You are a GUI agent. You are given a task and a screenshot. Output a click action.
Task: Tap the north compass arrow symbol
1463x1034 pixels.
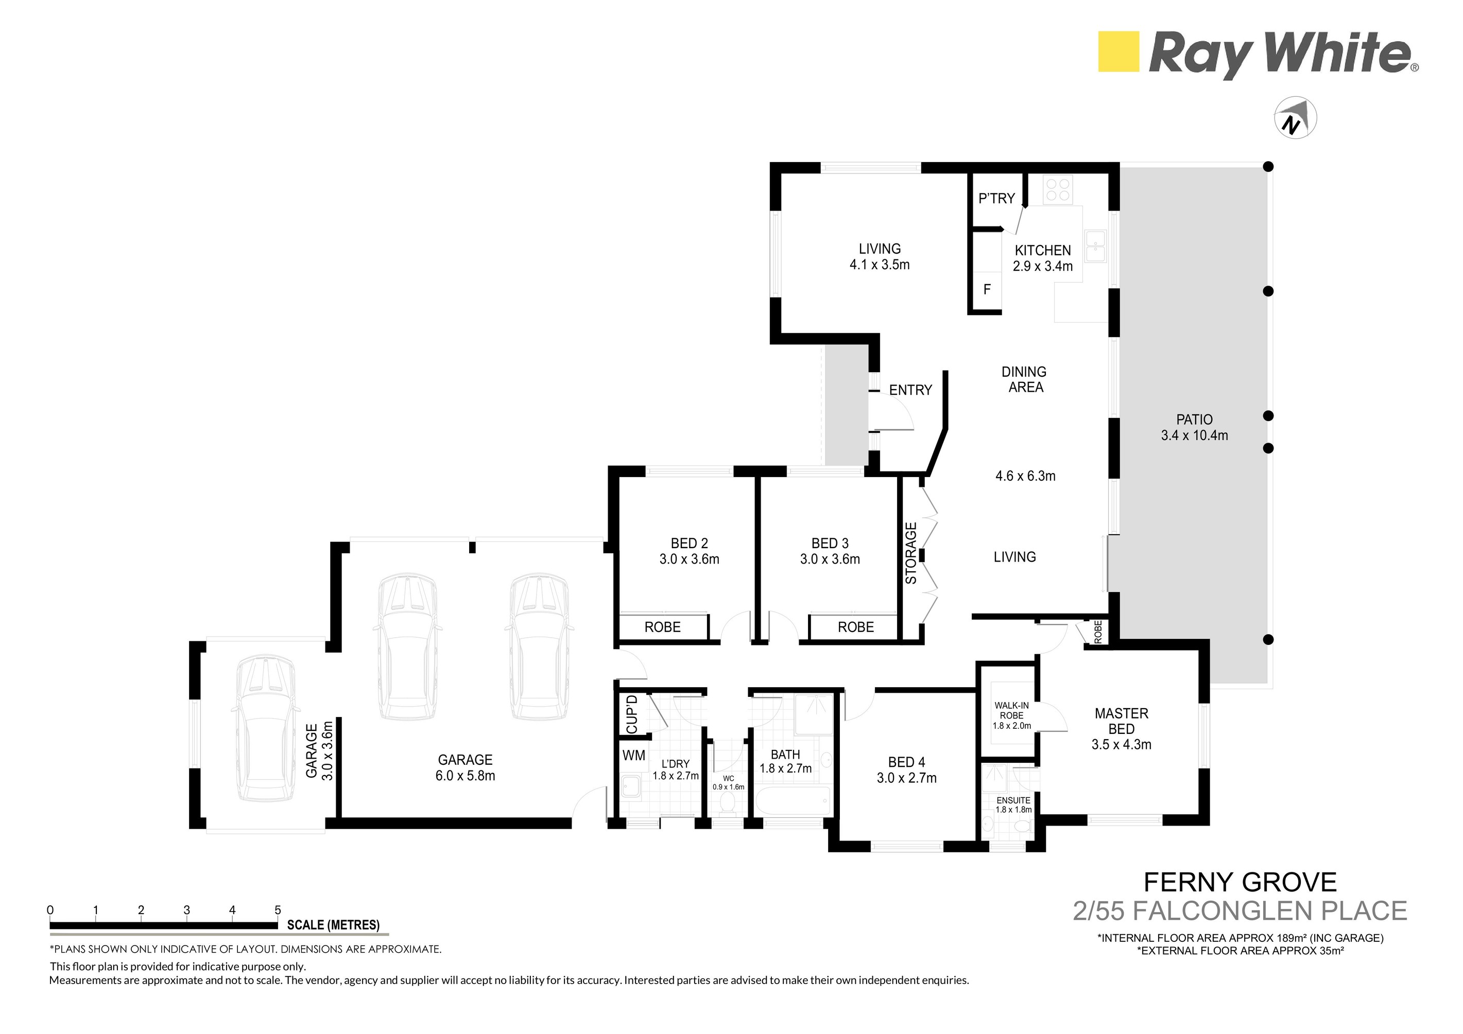(x=1295, y=119)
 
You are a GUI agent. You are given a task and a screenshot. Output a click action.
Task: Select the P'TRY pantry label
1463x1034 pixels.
(x=996, y=199)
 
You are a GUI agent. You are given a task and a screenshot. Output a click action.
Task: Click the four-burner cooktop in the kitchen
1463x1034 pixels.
(x=1058, y=189)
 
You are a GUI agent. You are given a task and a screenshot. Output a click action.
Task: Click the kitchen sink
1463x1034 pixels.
(x=1096, y=247)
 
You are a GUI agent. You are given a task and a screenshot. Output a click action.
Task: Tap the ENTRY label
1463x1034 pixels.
(x=910, y=390)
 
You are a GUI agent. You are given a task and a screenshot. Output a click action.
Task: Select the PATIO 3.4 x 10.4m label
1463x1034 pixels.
(x=1194, y=428)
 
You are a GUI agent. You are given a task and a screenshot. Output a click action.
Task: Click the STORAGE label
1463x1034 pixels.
(x=911, y=553)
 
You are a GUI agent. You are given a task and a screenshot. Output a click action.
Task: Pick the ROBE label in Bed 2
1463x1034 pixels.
(x=662, y=628)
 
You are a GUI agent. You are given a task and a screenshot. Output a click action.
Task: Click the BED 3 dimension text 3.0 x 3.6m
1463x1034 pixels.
(x=830, y=559)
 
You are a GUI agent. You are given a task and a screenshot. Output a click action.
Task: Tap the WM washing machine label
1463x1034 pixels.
(x=633, y=756)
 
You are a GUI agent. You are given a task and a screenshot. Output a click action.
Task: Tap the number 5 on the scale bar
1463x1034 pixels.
(x=278, y=910)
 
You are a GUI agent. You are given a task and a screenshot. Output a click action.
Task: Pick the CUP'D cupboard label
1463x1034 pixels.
(x=631, y=714)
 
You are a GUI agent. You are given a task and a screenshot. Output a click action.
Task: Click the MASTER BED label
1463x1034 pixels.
(x=1122, y=722)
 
